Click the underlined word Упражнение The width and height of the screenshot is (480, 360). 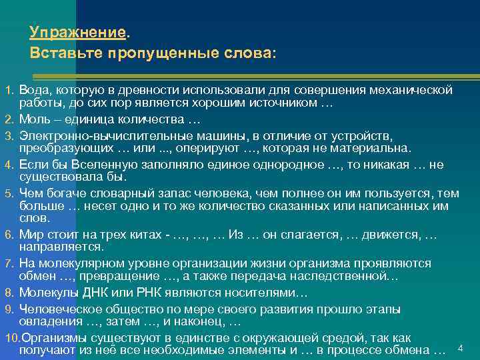pos(77,33)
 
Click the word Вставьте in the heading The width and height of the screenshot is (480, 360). pos(61,52)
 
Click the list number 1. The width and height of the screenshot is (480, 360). pos(9,89)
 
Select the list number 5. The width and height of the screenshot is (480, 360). pos(9,193)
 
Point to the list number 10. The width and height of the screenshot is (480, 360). pos(11,337)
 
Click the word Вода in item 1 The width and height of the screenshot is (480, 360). pos(32,89)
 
